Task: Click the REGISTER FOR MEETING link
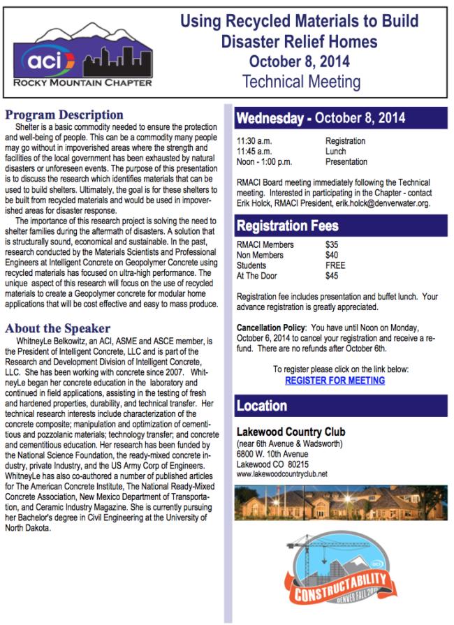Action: pos(335,381)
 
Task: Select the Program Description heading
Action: pos(64,115)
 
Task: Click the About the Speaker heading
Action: pos(58,328)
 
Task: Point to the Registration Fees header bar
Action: pos(341,226)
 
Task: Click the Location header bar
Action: pos(341,406)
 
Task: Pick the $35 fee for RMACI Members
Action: pos(332,245)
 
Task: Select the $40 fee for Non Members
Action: pos(332,255)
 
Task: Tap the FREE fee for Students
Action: pos(335,265)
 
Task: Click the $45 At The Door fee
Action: pos(332,276)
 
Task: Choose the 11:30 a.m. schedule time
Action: pos(254,141)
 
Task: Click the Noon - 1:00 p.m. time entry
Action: pos(264,162)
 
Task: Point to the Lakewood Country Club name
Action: pos(291,432)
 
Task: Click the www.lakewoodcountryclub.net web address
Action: pos(282,473)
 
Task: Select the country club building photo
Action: pos(341,506)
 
